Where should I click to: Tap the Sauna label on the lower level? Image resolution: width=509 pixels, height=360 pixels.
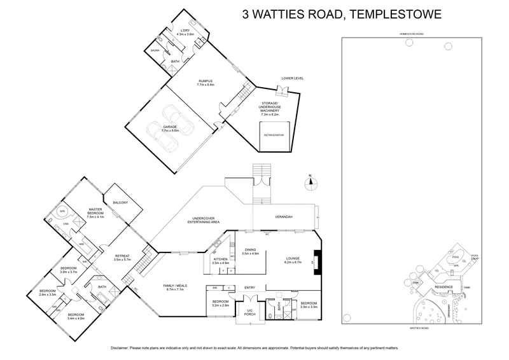pos(155,50)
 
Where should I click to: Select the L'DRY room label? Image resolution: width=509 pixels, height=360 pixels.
pos(186,31)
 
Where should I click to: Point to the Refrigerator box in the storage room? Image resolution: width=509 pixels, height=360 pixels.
pos(273,135)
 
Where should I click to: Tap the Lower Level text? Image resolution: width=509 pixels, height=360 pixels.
pos(293,78)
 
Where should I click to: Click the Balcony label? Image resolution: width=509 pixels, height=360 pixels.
pos(120,202)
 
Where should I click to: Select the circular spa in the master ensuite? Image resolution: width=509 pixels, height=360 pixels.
pos(62,210)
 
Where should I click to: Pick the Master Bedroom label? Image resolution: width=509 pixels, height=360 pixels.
pos(96,213)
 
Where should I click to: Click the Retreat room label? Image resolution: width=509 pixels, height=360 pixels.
pos(121,257)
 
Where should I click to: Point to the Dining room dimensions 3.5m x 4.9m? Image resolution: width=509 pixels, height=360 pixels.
pos(251,254)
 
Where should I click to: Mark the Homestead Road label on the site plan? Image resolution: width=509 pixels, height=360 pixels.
pos(411,33)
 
